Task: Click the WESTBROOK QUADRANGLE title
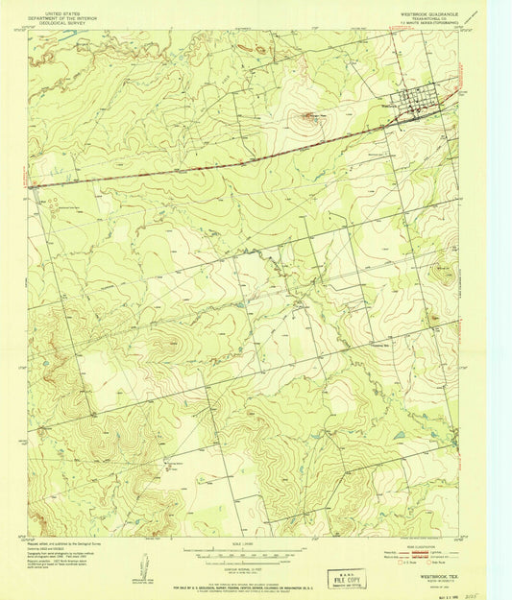coord(429,13)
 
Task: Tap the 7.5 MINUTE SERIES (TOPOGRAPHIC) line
coord(429,24)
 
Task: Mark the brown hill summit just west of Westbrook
coord(309,118)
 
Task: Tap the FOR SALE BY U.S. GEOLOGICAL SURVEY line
coord(245,574)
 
